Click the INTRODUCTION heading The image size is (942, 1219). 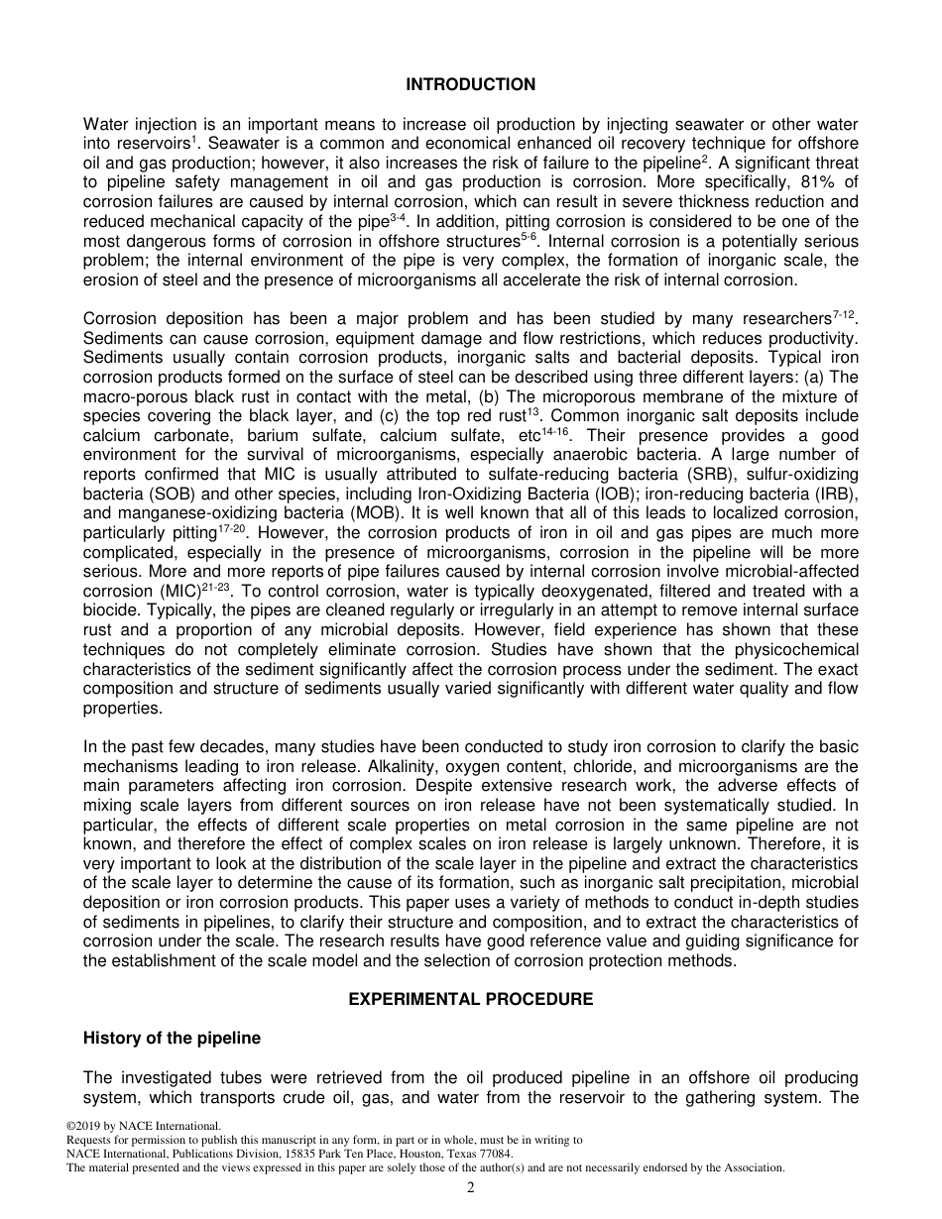tap(470, 85)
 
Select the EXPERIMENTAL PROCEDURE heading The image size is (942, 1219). tap(470, 999)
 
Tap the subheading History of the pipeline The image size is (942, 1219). tap(172, 1038)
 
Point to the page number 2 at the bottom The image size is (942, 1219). tap(471, 1188)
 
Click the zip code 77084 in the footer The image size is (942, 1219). tap(494, 1154)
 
